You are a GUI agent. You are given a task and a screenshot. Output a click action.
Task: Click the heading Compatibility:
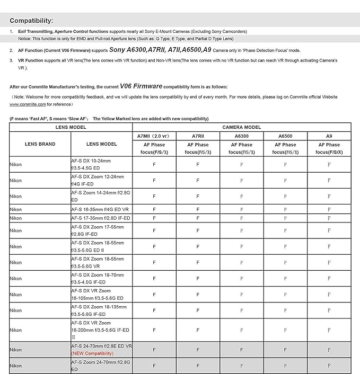pos(31,21)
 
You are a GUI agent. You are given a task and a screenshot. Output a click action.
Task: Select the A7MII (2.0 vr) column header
pos(154,136)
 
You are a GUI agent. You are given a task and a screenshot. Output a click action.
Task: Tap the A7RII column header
pos(198,136)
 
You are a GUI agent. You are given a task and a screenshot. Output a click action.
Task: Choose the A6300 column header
pos(242,136)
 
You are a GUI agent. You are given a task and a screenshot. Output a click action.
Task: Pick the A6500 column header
pos(285,136)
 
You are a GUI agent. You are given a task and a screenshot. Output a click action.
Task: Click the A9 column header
pos(329,136)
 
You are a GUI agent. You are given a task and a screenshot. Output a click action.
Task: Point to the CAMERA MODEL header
pos(241,128)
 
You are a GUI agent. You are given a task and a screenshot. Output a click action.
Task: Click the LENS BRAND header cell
pos(40,144)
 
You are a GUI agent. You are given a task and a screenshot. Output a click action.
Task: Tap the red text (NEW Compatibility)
pos(92,353)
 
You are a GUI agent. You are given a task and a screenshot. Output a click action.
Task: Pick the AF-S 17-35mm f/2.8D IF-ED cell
pos(101,218)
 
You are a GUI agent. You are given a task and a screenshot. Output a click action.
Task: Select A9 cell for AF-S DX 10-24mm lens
pos(329,164)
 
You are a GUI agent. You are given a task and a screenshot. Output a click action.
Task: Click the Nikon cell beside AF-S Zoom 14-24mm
pos(16,196)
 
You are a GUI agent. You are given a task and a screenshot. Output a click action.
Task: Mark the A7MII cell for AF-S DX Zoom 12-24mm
pos(154,180)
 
